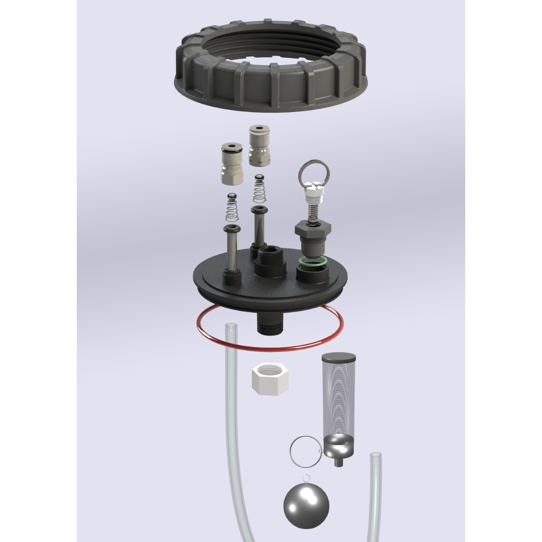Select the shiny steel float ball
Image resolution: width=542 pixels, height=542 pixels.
coord(306,503)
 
